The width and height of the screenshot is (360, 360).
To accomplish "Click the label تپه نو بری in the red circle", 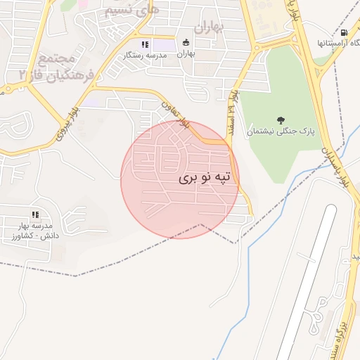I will [x=205, y=179].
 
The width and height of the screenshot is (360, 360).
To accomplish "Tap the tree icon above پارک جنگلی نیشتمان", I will [x=281, y=119].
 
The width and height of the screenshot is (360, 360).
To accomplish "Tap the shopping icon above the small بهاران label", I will [x=186, y=42].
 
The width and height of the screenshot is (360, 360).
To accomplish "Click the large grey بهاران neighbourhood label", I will [x=208, y=28].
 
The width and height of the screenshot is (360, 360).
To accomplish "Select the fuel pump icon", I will [x=343, y=32].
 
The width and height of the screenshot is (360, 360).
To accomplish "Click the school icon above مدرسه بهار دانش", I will [x=34, y=214].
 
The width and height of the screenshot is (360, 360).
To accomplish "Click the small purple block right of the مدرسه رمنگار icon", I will [x=165, y=45].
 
